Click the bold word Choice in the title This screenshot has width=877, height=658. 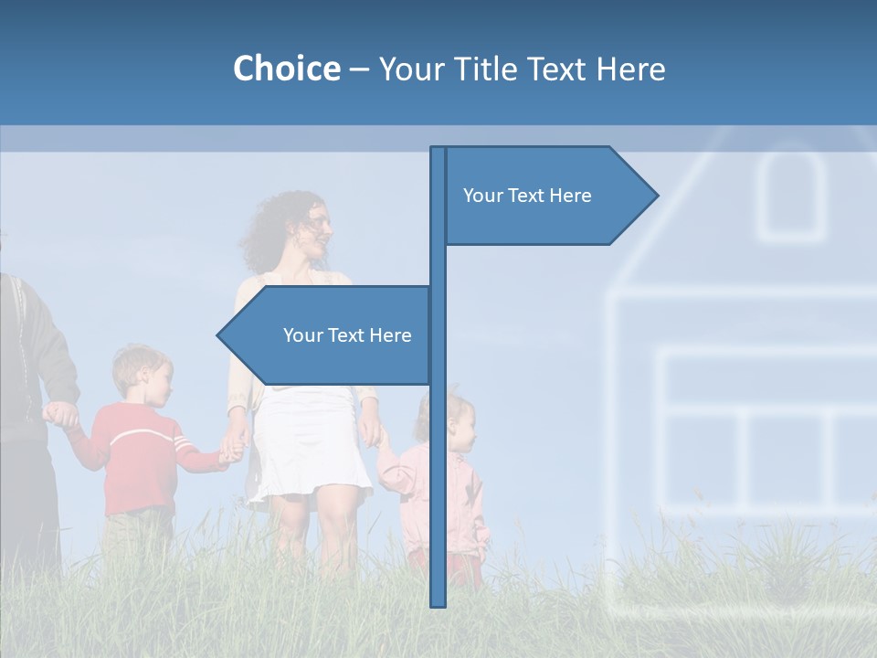tap(286, 69)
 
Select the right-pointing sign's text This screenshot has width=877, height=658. tap(527, 196)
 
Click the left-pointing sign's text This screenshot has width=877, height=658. tap(347, 335)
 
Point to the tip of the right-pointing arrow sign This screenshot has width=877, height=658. tap(656, 195)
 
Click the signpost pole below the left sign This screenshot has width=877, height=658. tap(438, 493)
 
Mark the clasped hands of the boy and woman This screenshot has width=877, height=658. tap(232, 448)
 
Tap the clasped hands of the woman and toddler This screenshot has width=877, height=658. tap(377, 437)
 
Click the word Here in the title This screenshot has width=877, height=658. tap(629, 69)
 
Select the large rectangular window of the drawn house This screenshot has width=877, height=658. tap(767, 430)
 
